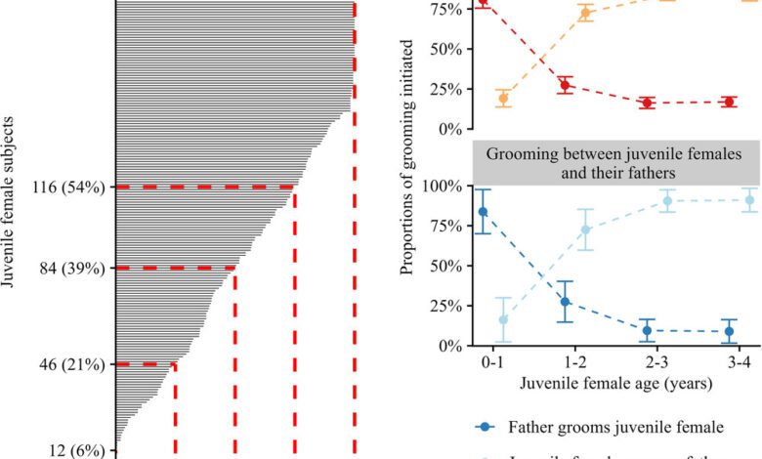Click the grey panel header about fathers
tap(615, 163)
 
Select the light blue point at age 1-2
tap(586, 229)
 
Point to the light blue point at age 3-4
tap(749, 200)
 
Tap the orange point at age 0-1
tap(503, 98)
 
